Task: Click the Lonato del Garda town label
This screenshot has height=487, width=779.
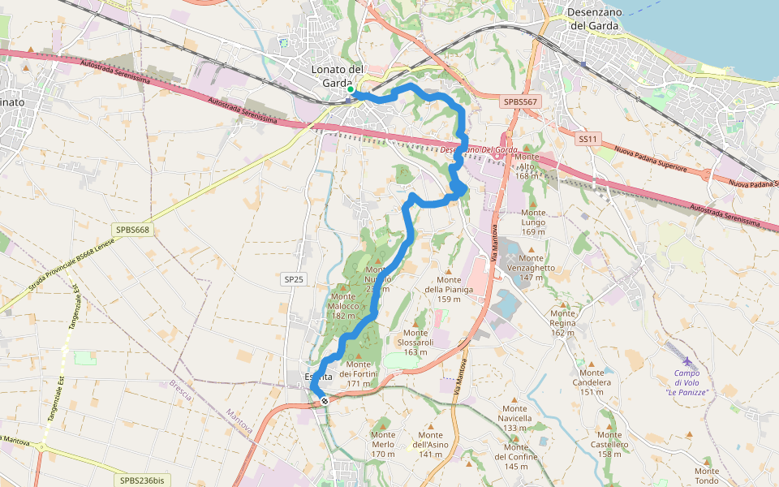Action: tap(338, 75)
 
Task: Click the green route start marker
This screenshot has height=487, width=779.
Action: tap(351, 90)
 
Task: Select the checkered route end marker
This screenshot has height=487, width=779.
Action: tap(325, 401)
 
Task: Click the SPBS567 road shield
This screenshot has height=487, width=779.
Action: tap(520, 101)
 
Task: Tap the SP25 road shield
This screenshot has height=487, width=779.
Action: tap(294, 279)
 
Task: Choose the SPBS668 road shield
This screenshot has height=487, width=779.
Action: tap(134, 230)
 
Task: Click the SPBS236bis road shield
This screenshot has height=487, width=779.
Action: tap(142, 481)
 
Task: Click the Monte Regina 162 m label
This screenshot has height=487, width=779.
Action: tap(563, 322)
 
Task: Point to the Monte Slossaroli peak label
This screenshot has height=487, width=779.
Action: tap(415, 342)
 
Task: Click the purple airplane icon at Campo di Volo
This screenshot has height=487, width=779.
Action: tap(687, 361)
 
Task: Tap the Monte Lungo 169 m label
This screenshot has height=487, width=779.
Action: tap(533, 222)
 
